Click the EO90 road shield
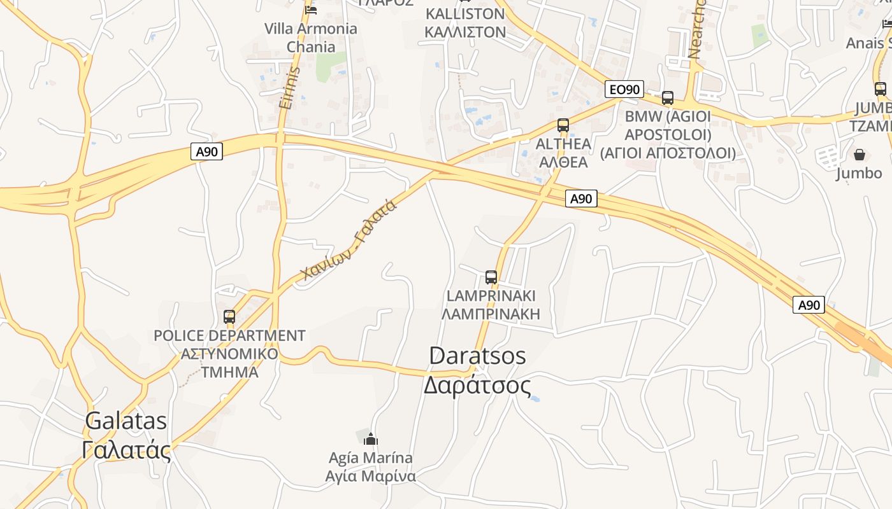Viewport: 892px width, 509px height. (624, 90)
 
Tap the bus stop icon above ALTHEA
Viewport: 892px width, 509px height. (563, 125)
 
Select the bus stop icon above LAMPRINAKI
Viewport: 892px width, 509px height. (491, 277)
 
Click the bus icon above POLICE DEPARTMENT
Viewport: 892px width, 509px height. (229, 317)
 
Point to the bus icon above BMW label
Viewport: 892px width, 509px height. (668, 98)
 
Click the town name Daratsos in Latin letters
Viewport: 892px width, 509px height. (477, 356)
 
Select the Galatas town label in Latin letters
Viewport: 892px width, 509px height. (126, 421)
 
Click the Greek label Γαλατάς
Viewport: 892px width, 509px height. (126, 450)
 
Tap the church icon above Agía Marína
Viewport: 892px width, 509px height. (370, 438)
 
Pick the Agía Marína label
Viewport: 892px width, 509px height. (370, 458)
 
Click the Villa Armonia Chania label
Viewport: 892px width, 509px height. (311, 38)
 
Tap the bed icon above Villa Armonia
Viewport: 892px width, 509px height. (311, 10)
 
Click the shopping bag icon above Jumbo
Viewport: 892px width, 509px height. (859, 155)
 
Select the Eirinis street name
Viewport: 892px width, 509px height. (289, 88)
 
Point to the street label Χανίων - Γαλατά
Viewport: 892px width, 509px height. (350, 240)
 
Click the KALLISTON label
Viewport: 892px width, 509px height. (465, 13)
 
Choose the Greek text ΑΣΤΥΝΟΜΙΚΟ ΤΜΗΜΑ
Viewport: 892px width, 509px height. (230, 363)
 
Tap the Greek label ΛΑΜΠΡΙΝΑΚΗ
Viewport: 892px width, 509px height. (491, 314)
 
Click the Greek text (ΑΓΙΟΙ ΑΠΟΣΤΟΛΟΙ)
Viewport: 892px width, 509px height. (668, 153)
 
